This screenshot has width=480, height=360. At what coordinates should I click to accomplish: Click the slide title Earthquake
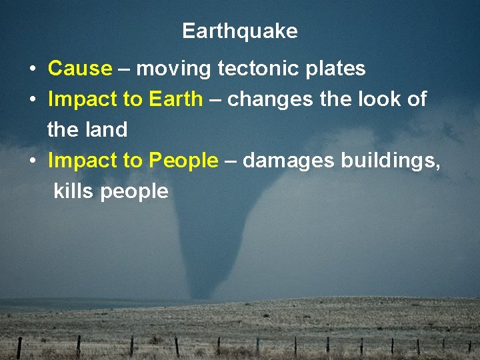[x=239, y=31]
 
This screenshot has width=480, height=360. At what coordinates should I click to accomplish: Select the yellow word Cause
[x=80, y=69]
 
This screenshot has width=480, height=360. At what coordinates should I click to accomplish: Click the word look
[x=377, y=99]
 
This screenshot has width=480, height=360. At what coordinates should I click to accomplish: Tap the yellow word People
[x=183, y=161]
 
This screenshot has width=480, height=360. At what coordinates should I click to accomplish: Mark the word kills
[x=74, y=191]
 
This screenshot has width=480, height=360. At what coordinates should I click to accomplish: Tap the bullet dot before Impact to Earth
[x=32, y=100]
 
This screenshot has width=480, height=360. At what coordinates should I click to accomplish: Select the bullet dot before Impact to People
[x=32, y=161]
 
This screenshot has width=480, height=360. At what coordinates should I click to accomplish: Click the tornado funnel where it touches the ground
[x=206, y=293]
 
